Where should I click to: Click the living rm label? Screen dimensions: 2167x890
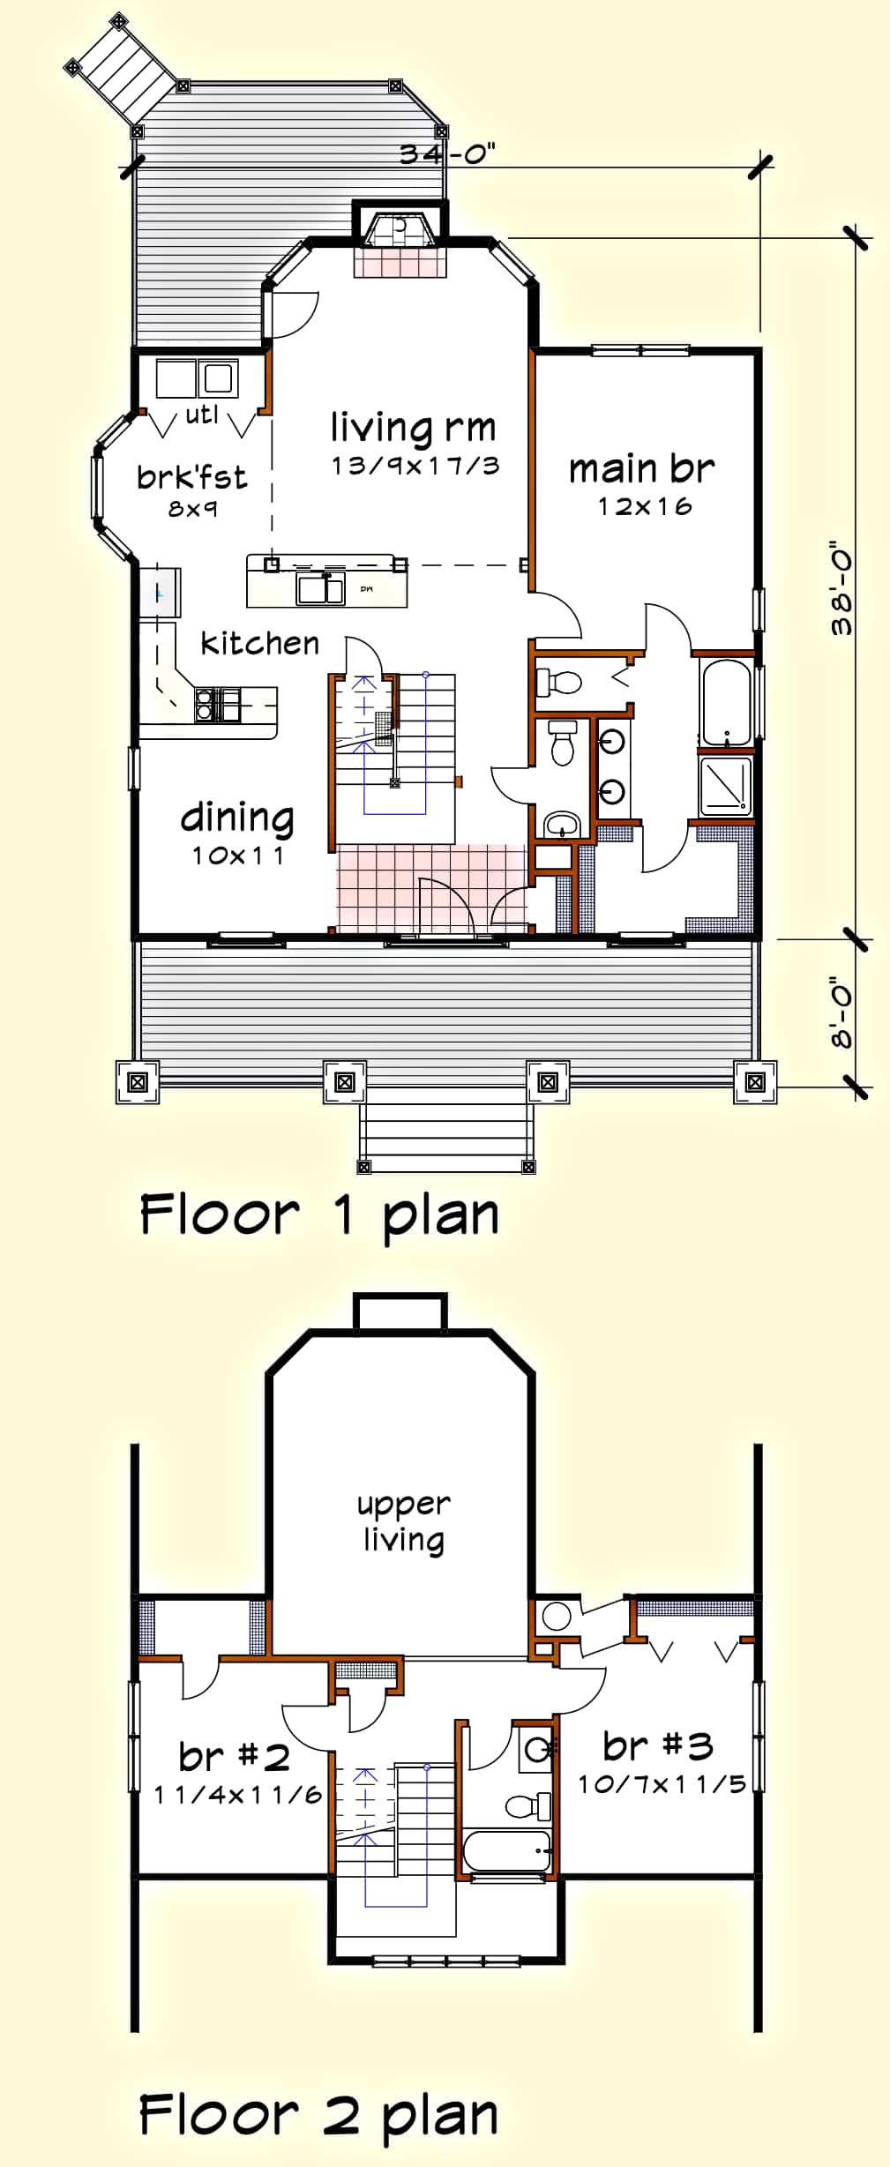tap(413, 428)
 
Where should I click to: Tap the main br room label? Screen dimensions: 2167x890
tap(641, 469)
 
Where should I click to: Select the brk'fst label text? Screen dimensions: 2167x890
tap(191, 477)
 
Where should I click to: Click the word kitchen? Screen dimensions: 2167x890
tap(259, 643)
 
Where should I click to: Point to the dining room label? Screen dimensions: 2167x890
tap(237, 818)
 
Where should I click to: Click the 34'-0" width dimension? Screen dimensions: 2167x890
tap(446, 153)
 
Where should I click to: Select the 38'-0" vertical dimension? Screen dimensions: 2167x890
tap(842, 590)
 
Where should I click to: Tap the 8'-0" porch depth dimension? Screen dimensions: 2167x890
tap(842, 1015)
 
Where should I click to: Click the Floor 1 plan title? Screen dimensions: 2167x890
tap(319, 1214)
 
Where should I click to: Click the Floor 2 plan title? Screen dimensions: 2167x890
tap(319, 2115)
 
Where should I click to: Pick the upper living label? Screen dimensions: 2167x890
tap(404, 1521)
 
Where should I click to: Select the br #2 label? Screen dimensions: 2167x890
tap(234, 1756)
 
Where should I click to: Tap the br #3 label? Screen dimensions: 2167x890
tap(658, 1745)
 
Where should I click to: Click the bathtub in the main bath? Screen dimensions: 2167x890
tap(726, 702)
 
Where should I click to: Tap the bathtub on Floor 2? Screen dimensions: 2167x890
tap(507, 1850)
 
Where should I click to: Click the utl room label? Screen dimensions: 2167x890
tap(202, 414)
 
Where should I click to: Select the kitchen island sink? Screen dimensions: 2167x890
tap(319, 588)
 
